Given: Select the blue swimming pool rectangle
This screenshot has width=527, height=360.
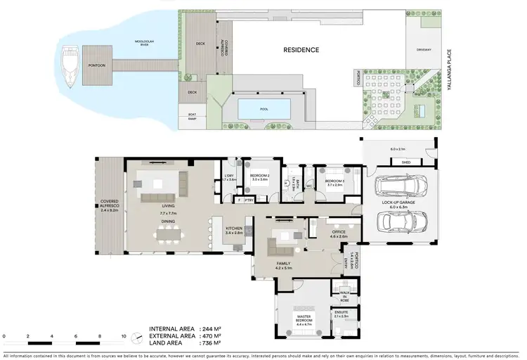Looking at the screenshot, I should point(264,108).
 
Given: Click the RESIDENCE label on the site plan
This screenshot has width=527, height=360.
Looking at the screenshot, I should point(301,50).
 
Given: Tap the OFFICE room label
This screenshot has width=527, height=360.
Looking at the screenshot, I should point(339,233).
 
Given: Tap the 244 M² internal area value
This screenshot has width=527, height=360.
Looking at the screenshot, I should point(210,329).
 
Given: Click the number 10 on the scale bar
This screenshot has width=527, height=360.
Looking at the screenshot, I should point(124,337).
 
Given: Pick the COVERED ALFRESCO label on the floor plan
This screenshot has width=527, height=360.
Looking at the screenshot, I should point(109,204).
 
